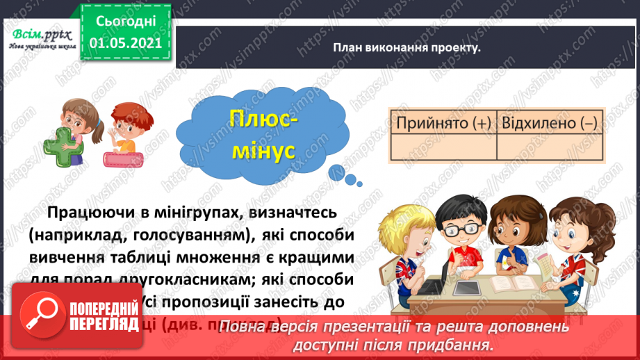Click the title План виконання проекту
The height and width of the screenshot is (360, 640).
tap(407, 48)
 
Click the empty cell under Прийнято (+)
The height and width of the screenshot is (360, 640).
tap(443, 147)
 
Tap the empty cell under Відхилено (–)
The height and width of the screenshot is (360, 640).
tap(549, 147)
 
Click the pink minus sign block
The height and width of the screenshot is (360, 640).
tap(124, 158)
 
